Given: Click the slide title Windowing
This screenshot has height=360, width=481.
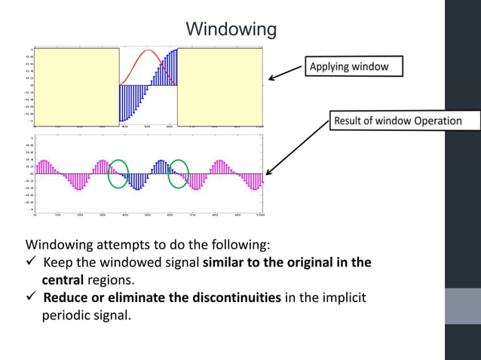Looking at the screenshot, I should point(231,29).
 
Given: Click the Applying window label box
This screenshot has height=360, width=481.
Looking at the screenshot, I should point(352,66).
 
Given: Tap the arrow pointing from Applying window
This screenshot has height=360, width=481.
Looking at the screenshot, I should point(284,72).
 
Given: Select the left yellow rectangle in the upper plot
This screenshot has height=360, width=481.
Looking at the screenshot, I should point(77,85).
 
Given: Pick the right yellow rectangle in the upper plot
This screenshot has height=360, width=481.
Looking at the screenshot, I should point(219,85).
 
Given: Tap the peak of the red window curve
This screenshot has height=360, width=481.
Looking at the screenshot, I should point(147,51).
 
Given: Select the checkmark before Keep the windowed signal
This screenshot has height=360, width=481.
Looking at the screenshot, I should point(32,263).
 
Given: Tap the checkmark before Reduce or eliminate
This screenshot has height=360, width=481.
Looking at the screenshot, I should point(32,297).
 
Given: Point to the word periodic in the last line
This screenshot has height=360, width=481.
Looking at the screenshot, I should point(66,315).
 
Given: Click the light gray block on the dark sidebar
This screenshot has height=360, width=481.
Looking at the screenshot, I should point(462,306).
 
